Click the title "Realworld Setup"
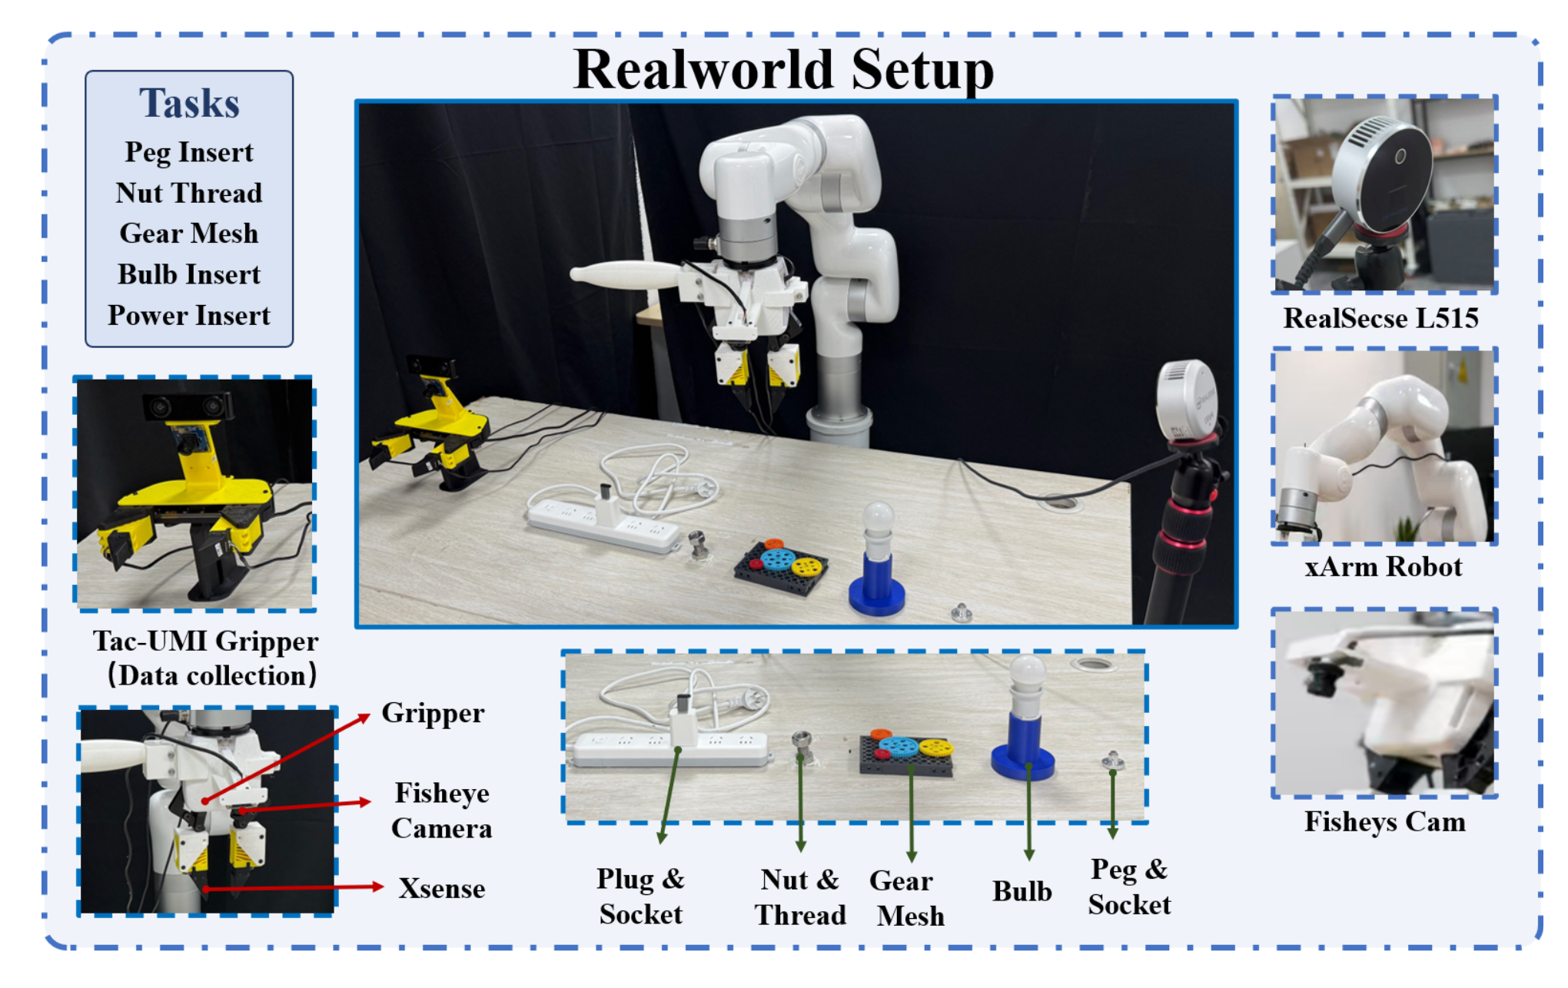click(784, 69)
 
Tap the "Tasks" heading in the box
click(189, 103)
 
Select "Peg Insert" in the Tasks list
click(189, 152)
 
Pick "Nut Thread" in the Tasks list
click(189, 193)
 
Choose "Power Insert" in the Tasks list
click(189, 315)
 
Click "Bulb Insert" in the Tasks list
click(189, 274)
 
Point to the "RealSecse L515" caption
click(1381, 318)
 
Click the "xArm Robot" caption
click(1383, 567)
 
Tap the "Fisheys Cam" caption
click(1384, 822)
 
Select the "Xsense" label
click(442, 889)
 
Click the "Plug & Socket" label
click(641, 897)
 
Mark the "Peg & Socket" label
click(1129, 887)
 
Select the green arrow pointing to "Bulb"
click(1029, 811)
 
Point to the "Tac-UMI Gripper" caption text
click(206, 642)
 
